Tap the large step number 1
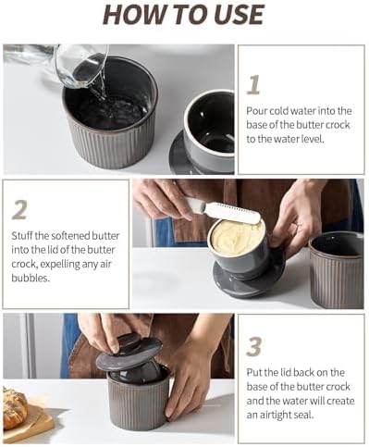point(254,85)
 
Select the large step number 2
point(19,210)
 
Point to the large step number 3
point(254,346)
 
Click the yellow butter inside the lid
point(238,238)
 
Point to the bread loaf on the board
point(14,408)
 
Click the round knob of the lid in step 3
point(129,341)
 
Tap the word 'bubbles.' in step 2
point(31,279)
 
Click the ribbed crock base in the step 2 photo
point(337,270)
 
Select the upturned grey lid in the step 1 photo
point(203,133)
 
